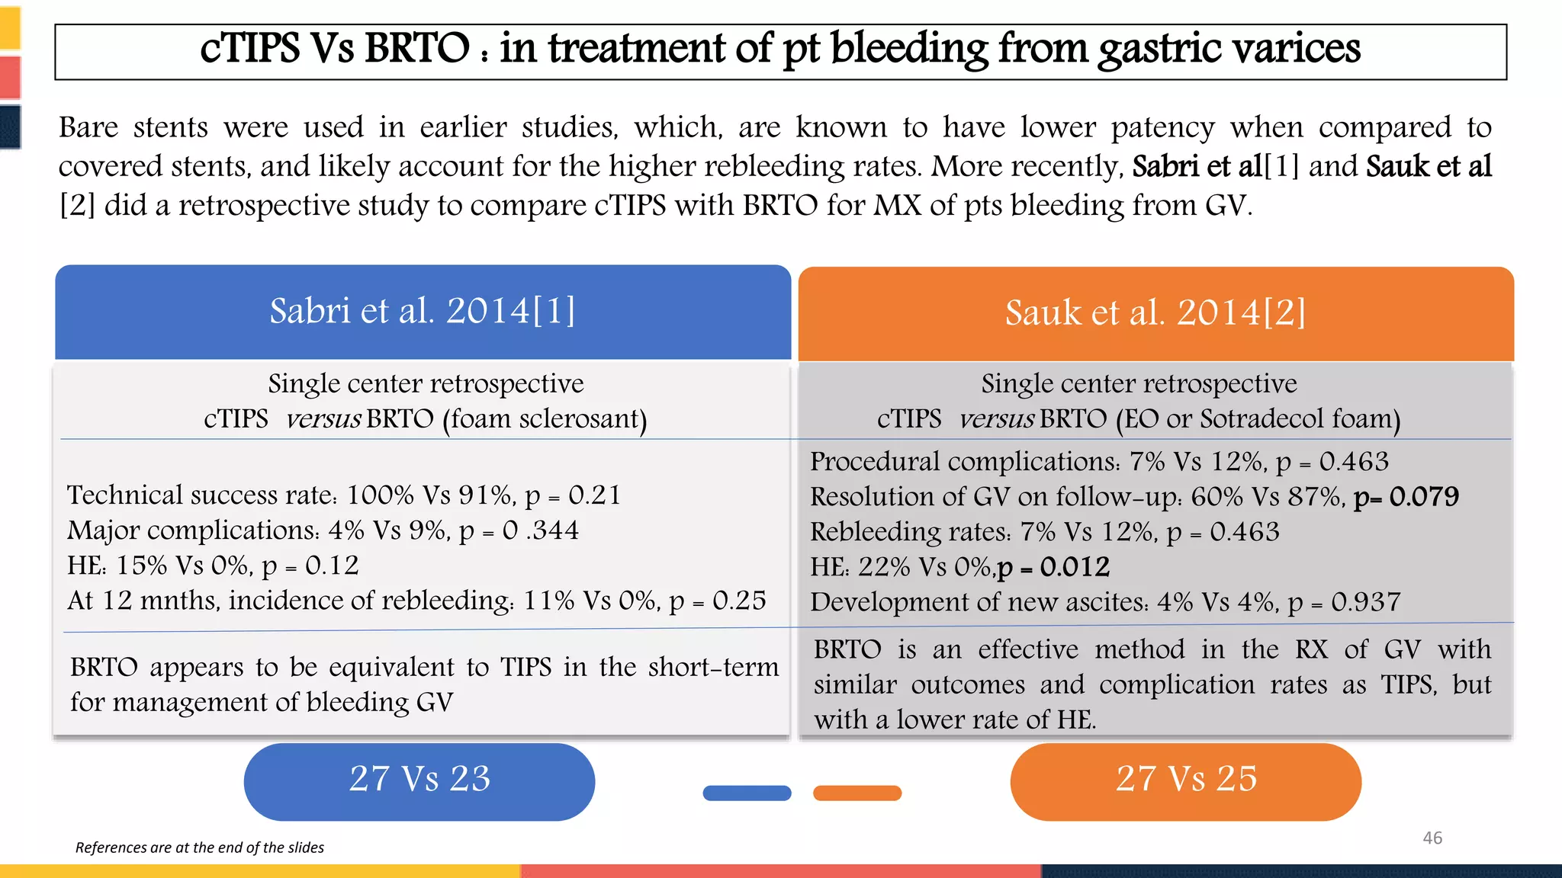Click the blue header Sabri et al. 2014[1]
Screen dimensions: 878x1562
423,311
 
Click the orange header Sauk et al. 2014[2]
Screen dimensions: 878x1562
1155,312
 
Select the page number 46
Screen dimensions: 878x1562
1432,838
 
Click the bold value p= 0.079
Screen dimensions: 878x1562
1406,497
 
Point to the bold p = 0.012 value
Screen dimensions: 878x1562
1053,567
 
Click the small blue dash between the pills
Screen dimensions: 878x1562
747,793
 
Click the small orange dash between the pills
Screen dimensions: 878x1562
857,793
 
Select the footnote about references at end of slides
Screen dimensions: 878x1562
200,848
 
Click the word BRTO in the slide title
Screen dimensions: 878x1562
416,49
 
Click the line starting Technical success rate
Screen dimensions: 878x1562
343,495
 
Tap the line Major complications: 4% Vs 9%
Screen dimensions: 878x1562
323,530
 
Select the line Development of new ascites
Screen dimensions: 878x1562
1104,602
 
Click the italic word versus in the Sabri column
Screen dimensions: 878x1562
323,419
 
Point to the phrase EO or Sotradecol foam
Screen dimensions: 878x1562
1258,419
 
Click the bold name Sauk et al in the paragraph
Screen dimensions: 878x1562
1428,166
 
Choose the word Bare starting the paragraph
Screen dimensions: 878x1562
88,127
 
